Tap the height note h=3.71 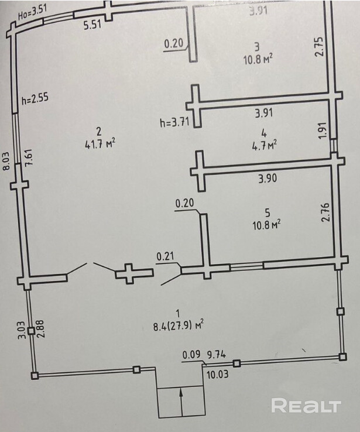click(x=173, y=123)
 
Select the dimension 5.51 click(x=92, y=25)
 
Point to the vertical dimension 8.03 click(x=7, y=160)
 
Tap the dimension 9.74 click(x=217, y=354)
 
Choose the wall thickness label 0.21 click(x=164, y=256)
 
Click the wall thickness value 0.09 click(x=191, y=354)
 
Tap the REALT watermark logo click(x=306, y=405)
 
